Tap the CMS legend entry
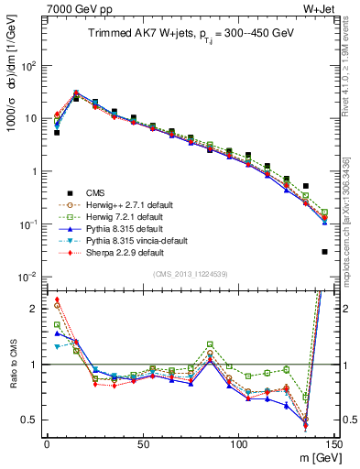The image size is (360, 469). (x=96, y=192)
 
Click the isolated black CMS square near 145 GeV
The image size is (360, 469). (x=324, y=251)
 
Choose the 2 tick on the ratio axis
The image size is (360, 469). (x=33, y=308)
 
